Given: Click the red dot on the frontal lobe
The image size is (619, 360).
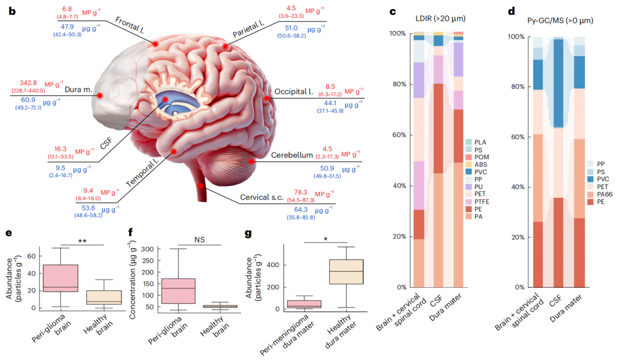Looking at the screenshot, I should point(154,44).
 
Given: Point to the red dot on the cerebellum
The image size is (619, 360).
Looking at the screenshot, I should point(252,162).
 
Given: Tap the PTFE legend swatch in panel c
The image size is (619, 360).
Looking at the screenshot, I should point(468,201).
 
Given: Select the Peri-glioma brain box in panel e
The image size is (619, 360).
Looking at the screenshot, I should point(60,278).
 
